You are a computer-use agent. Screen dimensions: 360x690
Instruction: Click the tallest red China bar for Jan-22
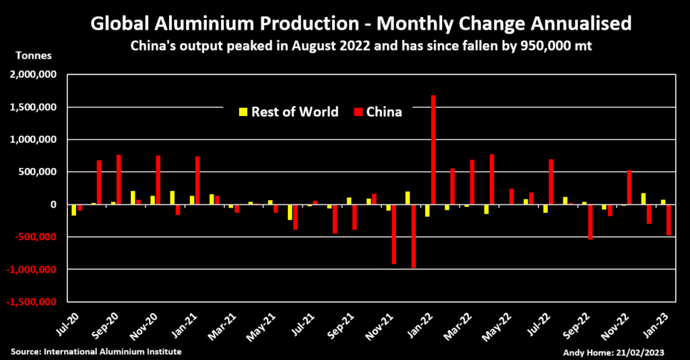[x=433, y=150]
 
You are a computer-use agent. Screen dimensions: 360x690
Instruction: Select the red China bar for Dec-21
[x=414, y=236]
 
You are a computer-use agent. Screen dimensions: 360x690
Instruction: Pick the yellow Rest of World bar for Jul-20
[x=73, y=210]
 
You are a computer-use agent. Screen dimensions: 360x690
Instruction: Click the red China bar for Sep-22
[x=590, y=222]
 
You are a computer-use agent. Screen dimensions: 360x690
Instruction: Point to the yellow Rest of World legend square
[x=243, y=112]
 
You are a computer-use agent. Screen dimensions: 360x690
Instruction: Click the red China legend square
[x=358, y=112]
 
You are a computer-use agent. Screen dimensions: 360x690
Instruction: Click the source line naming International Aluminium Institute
[x=96, y=352]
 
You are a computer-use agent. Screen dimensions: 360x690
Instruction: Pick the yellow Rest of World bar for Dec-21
[x=408, y=198]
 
